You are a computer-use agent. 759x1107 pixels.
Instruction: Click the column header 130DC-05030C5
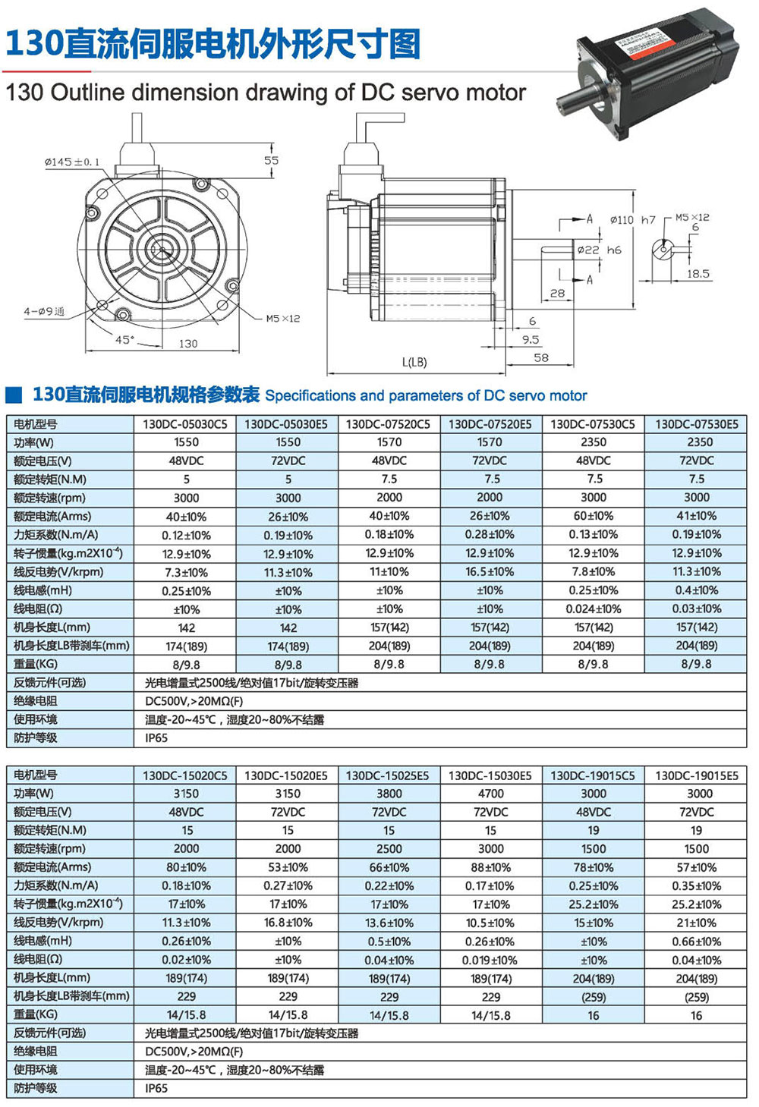tap(185, 424)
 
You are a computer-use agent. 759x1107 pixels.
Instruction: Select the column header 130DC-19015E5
tap(696, 775)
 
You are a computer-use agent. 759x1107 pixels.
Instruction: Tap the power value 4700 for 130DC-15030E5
tap(490, 794)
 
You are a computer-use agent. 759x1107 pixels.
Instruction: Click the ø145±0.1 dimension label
tap(72, 162)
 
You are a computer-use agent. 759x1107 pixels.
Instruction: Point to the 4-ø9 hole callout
tap(44, 311)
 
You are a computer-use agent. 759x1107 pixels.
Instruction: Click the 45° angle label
tap(124, 339)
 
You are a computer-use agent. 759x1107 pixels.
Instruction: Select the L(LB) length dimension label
tap(414, 362)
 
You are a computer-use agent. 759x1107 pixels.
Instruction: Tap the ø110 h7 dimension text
tap(632, 220)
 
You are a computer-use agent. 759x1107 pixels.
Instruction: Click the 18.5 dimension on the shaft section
tap(698, 274)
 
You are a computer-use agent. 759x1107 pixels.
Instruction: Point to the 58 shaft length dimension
tap(540, 357)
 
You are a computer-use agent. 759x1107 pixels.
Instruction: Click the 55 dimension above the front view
tap(271, 160)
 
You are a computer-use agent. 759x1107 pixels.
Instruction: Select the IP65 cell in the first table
tap(156, 737)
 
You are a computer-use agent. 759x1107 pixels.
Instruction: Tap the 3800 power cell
tap(389, 794)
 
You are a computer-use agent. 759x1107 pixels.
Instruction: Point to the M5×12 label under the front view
tap(282, 319)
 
